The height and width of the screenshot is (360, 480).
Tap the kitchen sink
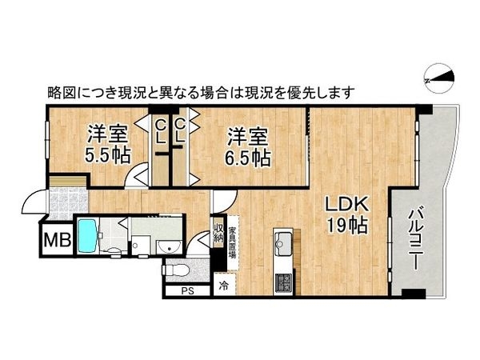[284, 240]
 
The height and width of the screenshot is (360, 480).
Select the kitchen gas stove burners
[284, 282]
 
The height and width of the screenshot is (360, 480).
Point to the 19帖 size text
[347, 226]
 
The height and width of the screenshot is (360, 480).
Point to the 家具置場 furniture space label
[232, 235]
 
